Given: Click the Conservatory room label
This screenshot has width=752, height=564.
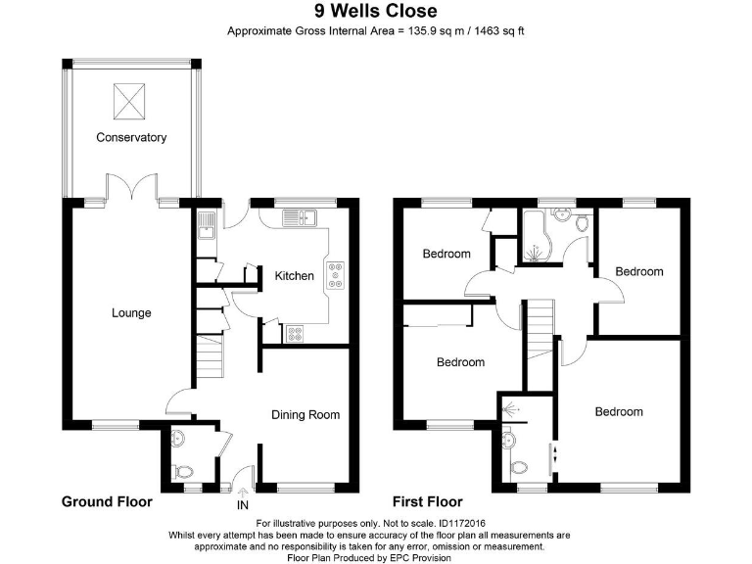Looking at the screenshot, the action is coord(131,138).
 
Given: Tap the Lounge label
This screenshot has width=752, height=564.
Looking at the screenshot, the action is coord(131,313).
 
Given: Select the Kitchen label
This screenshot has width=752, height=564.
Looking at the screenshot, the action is coord(295,276).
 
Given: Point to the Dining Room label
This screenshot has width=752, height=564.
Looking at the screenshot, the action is coord(305,415).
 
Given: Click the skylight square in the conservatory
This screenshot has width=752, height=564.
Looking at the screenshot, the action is coord(129,101).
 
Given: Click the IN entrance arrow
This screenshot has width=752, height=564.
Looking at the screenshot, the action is coord(243,493).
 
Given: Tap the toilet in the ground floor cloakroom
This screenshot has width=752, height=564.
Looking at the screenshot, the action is coord(183,471).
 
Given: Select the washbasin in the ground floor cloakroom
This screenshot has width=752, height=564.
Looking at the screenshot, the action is coord(177,438).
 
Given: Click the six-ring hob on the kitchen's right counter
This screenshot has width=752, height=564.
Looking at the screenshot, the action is coord(335,275).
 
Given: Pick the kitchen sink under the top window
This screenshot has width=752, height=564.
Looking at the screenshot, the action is coord(299,217).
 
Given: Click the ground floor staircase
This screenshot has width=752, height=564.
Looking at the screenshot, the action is coord(211,356).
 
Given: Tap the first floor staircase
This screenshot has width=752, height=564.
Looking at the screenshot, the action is coord(540,330).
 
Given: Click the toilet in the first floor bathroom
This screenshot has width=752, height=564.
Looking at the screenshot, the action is coord(583,223).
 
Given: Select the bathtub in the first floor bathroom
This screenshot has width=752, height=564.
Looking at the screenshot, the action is coord(533,235).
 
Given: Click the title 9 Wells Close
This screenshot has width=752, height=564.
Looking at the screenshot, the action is coord(376,11).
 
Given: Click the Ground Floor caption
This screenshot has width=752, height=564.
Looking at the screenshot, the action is coord(107,502).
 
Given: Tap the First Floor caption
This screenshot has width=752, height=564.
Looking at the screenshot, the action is coord(428,502).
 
